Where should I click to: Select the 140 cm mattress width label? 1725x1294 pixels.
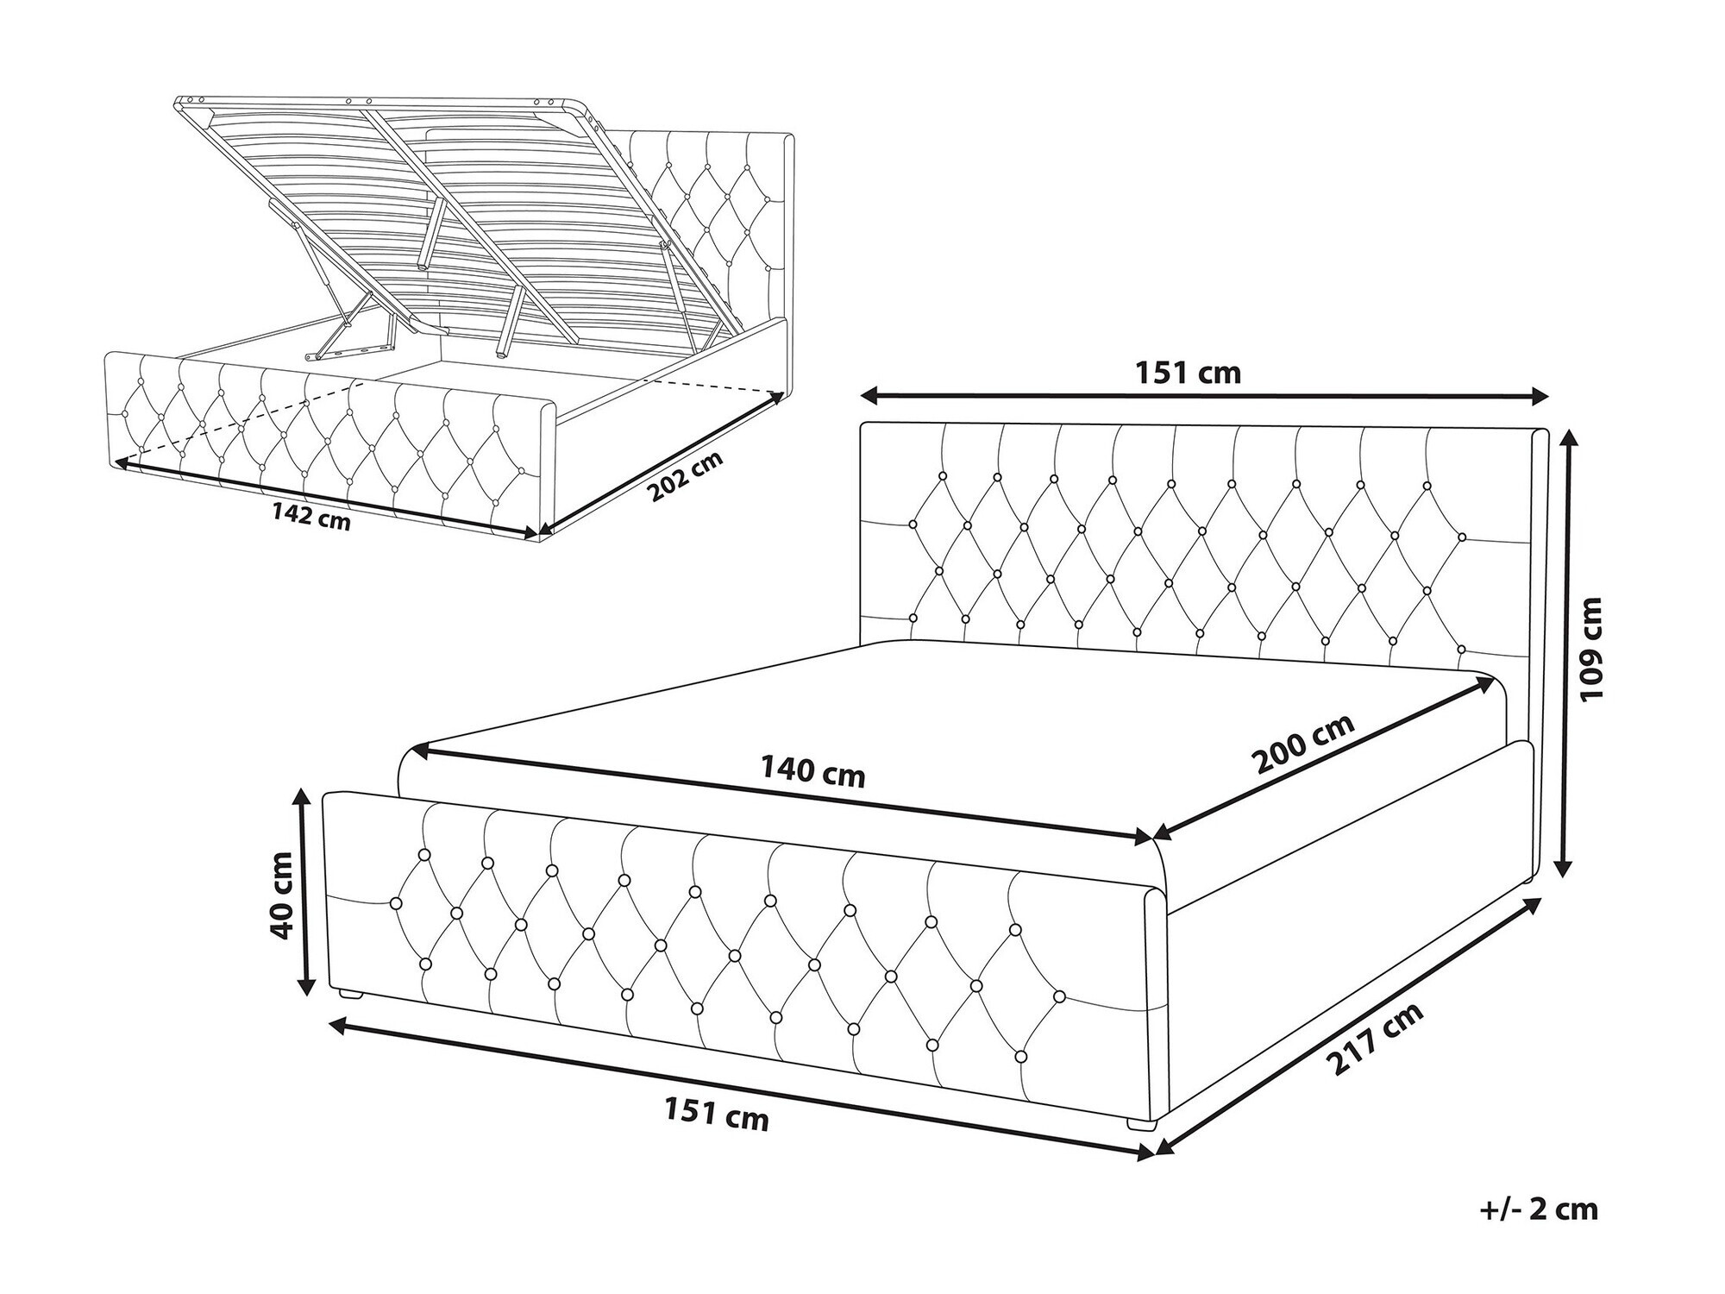812,771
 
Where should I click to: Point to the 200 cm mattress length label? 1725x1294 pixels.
1303,745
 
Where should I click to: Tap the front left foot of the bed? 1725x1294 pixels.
349,995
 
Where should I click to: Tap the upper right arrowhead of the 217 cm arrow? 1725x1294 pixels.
1534,902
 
